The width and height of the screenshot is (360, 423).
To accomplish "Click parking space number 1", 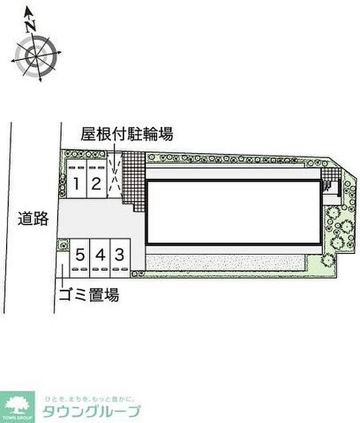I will click(76, 183).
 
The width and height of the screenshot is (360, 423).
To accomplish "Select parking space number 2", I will click(96, 183).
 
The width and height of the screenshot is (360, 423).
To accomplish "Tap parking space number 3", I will click(119, 254).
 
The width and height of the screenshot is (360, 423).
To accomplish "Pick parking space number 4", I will click(100, 254).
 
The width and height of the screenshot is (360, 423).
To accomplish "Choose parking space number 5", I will click(80, 254).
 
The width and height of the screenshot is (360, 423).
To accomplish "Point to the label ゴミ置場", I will click(88, 295).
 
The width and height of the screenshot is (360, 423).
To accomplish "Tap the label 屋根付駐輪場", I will click(126, 135).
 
